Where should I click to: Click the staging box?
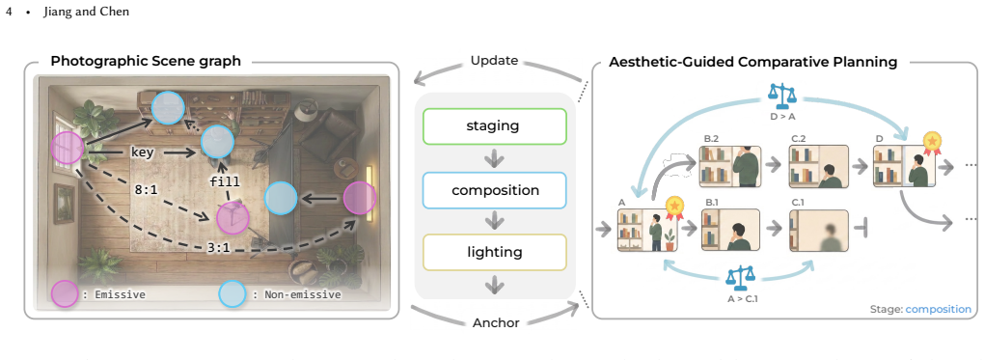pos(495,125)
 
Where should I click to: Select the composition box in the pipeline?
pos(495,190)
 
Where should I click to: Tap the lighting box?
pos(495,253)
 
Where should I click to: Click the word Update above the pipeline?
pos(495,61)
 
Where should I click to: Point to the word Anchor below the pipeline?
pos(496,323)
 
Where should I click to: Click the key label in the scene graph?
pos(142,152)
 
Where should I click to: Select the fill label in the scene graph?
pos(224,181)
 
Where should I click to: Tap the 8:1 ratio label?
pos(146,188)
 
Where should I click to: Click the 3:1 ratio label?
pos(218,247)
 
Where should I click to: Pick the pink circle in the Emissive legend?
pos(64,294)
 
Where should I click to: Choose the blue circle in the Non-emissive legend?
pos(232,294)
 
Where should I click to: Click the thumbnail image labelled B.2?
pos(731,167)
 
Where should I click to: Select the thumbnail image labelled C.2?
pos(818,167)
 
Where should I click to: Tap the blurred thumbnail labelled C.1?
pos(818,231)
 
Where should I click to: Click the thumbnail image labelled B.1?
pos(731,231)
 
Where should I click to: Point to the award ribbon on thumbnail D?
pos(933,145)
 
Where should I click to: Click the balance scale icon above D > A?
pos(782,93)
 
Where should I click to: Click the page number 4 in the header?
pos(9,12)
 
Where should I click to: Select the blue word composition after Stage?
pos(939,309)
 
